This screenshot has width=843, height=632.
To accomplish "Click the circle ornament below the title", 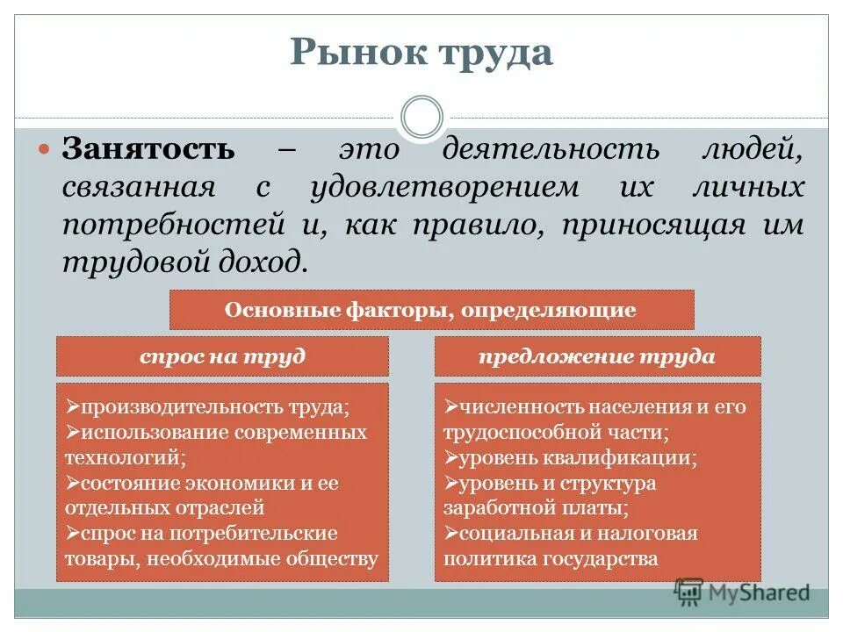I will pos(421,118).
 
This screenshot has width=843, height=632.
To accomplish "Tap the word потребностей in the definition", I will pos(167,224).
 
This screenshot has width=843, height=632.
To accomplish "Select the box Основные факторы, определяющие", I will pos(431,310).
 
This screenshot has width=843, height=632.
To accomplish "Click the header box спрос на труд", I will pos(222,356).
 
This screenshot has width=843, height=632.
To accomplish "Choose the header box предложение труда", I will pos(597,356).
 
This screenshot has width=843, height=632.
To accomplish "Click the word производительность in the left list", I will pos(181,408).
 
